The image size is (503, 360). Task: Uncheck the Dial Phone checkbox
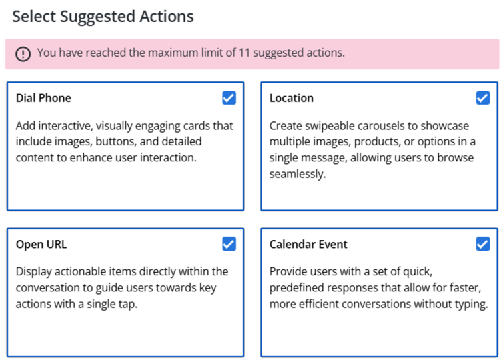tap(229, 98)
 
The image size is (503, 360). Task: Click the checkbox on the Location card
tap(483, 98)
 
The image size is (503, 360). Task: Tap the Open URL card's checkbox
tap(229, 244)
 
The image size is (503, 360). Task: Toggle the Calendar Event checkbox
tap(483, 244)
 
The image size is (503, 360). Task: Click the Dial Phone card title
tap(43, 98)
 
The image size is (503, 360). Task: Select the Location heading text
tap(291, 98)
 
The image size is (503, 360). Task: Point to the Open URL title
tap(41, 245)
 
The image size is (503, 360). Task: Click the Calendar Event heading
tap(308, 245)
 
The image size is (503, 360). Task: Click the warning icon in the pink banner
tap(23, 53)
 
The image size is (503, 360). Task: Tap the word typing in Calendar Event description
tap(470, 303)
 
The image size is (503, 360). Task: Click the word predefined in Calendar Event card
tap(298, 287)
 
